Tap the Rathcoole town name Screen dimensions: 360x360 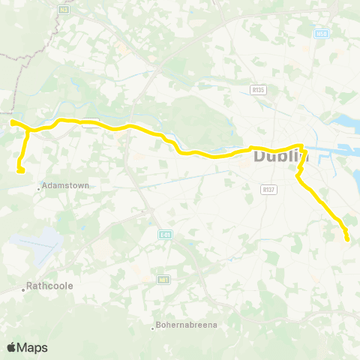click(49, 285)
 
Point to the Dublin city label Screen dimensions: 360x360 click(281, 157)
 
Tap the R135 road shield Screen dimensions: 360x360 click(258, 89)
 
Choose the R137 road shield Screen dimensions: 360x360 click(269, 190)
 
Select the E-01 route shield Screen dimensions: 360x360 click(166, 235)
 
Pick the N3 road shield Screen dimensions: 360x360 click(64, 10)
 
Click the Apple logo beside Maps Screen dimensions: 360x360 click(11, 347)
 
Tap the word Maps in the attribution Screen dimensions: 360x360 click(32, 347)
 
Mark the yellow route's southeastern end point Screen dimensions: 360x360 click(347, 239)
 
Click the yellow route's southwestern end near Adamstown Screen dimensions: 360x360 click(21, 170)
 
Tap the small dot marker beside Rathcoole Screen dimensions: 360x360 click(24, 288)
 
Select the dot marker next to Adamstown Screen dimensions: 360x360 click(39, 189)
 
